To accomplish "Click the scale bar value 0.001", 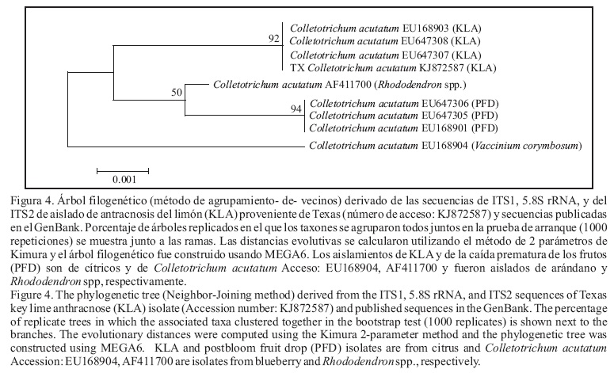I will (x=122, y=179).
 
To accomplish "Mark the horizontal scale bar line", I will (x=122, y=169).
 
